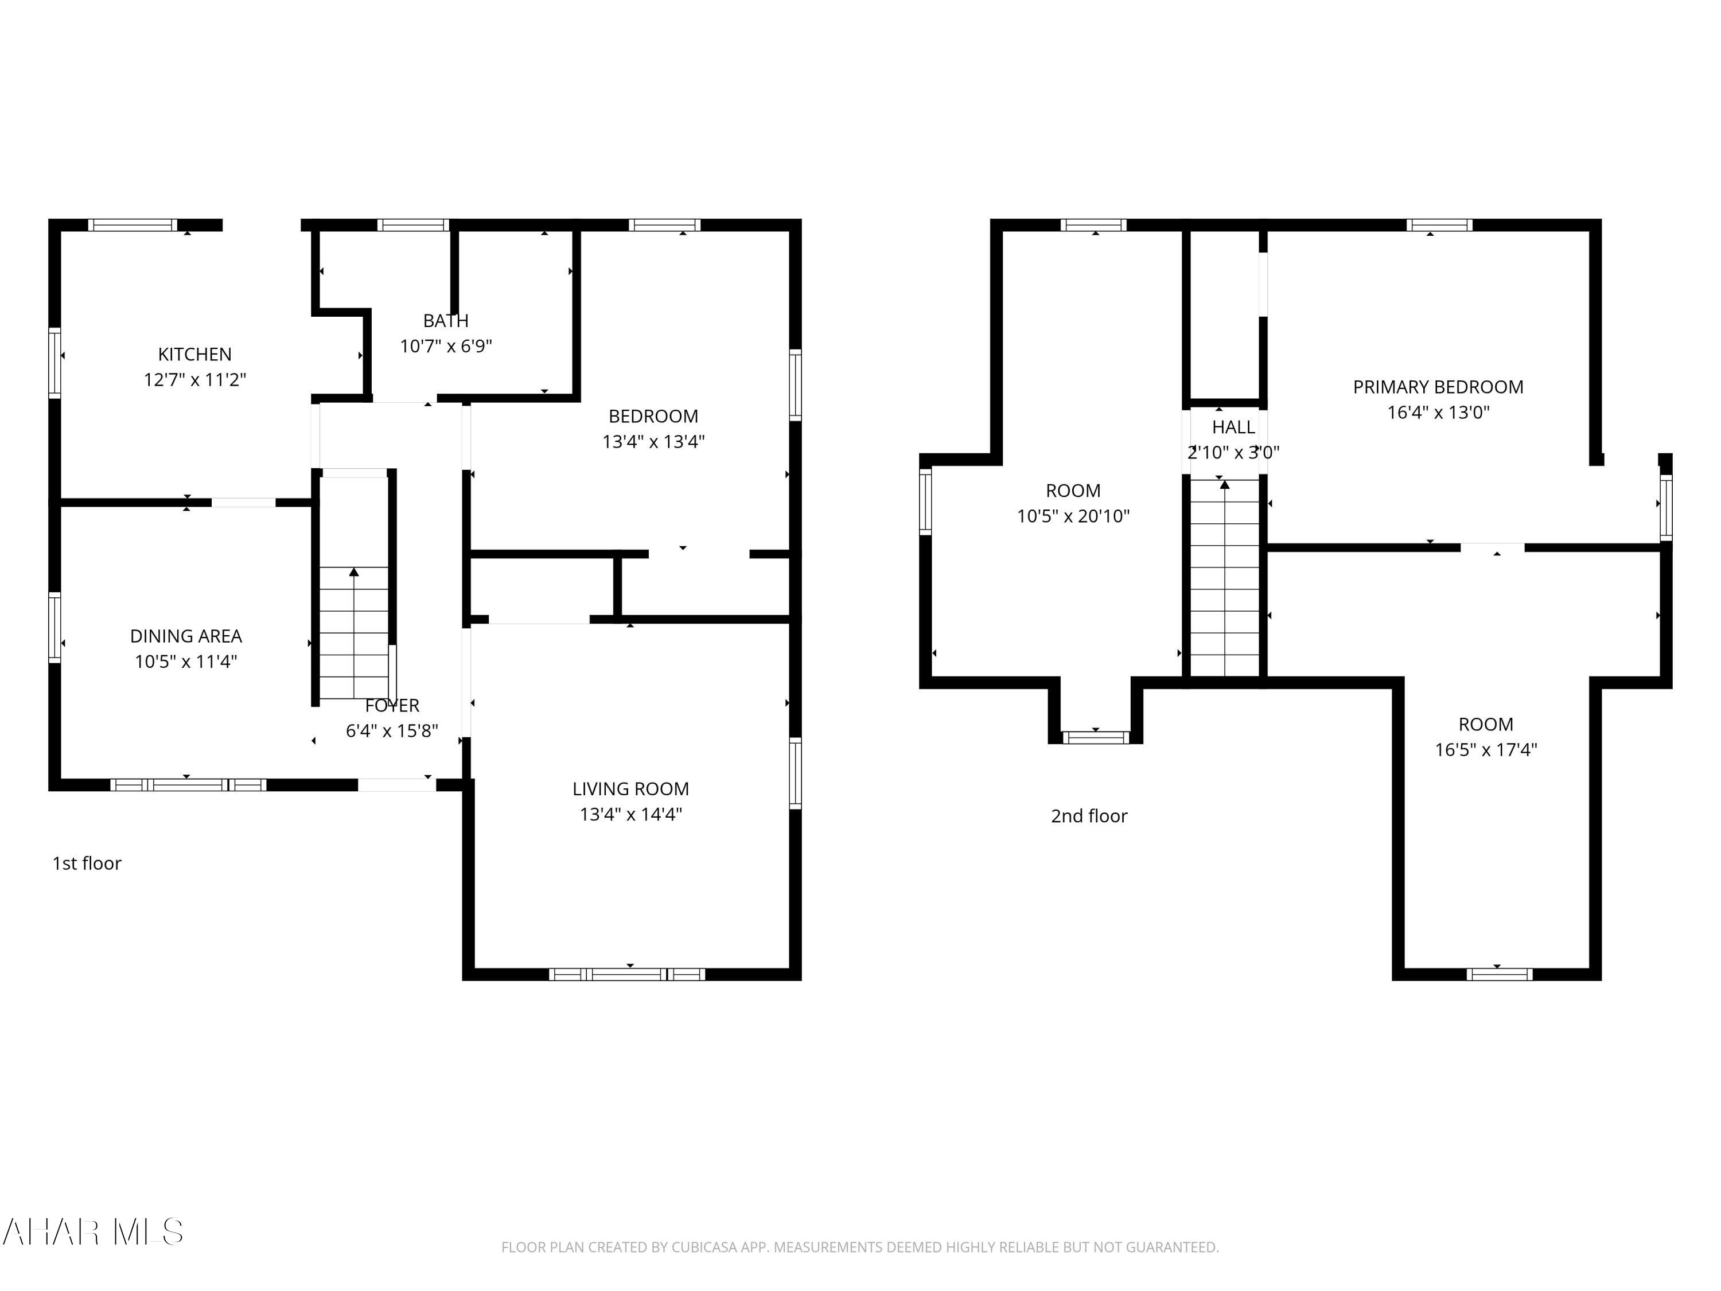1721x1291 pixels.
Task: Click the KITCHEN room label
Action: (194, 355)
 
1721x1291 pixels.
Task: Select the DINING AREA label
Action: (186, 636)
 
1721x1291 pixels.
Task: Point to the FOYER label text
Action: (392, 706)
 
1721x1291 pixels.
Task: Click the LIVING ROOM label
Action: (631, 789)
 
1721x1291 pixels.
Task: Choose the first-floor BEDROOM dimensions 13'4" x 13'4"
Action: (653, 442)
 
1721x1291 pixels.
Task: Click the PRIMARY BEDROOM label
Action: (1438, 387)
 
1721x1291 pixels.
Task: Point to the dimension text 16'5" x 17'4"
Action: (1486, 749)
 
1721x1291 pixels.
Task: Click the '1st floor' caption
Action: (87, 864)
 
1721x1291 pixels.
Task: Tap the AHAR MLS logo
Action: (94, 1232)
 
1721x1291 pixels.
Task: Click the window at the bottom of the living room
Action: (627, 974)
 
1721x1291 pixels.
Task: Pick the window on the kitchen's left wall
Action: (54, 363)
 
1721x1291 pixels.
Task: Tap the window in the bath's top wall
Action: (413, 225)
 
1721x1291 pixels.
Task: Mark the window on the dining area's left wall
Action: (54, 628)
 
